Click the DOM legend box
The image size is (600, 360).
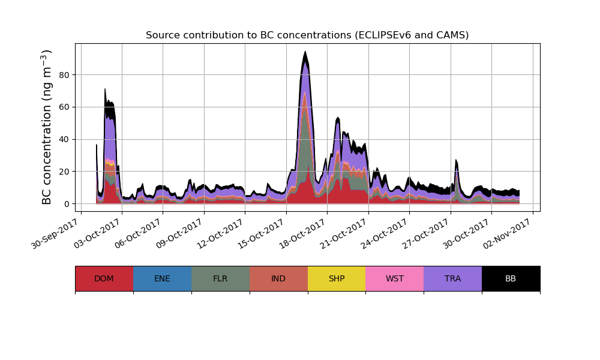point(104,278)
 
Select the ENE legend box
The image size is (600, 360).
point(162,278)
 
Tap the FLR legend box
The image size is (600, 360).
point(220,278)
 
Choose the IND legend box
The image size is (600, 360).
point(278,278)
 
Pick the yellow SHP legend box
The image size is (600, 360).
point(337,278)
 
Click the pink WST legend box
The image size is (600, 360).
point(395,278)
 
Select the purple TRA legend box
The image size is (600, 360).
point(453,278)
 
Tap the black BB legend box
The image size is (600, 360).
point(511,278)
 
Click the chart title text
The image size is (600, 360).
point(307,35)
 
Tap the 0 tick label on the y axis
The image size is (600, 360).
point(67,204)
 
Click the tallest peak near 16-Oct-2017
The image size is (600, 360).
point(305,53)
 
